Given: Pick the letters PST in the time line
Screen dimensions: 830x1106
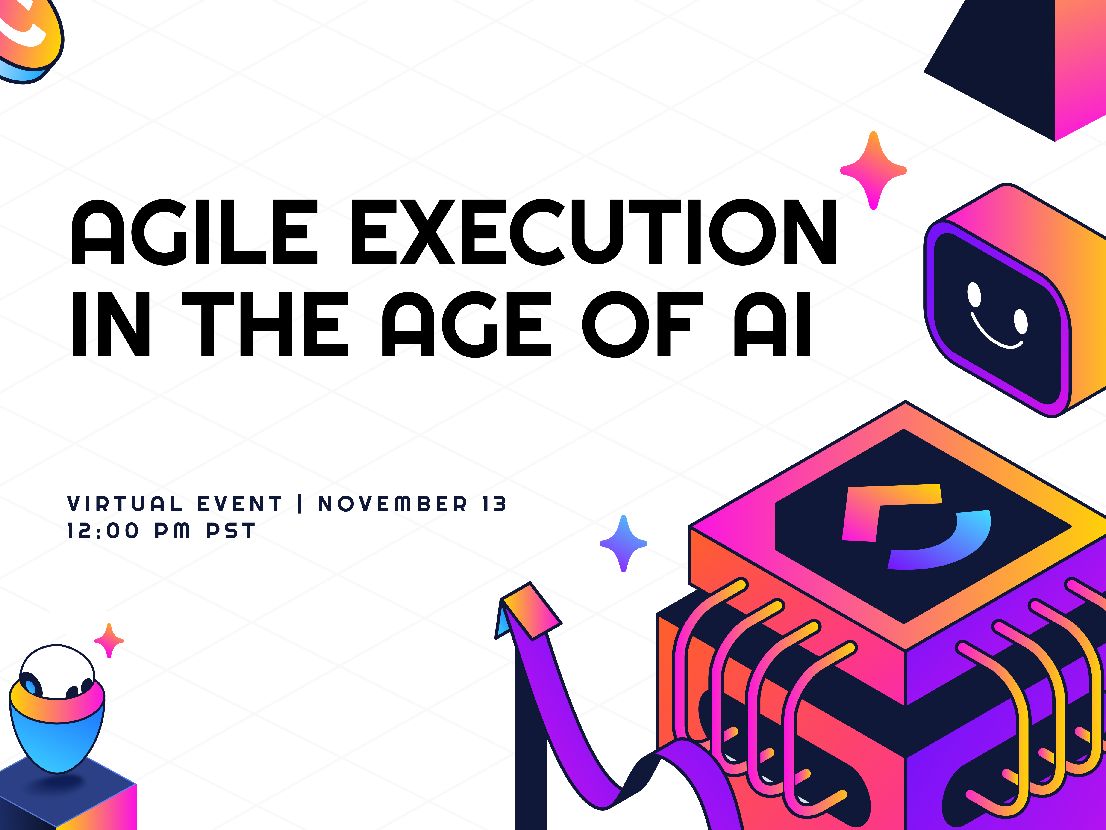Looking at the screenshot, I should click(231, 531).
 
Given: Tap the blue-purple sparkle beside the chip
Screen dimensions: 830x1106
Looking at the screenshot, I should click(623, 543).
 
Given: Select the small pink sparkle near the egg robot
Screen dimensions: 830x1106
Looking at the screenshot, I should click(109, 640).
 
